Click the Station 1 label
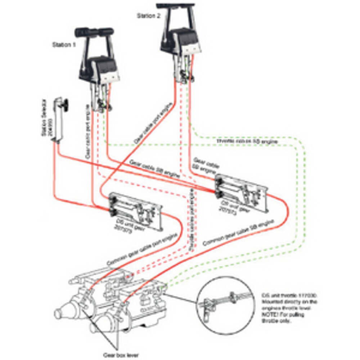pyautogui.click(x=64, y=45)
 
